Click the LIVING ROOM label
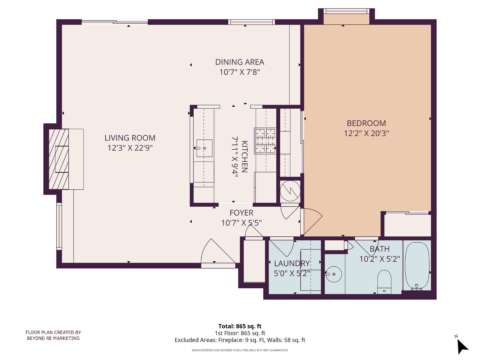click(x=130, y=138)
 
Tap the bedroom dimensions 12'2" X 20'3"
click(x=366, y=133)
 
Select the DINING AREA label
click(x=239, y=62)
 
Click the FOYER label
click(x=241, y=213)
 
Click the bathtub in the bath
click(x=417, y=265)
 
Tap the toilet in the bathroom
click(x=384, y=281)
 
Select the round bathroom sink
click(x=333, y=274)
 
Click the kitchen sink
click(x=204, y=148)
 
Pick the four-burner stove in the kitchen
click(x=265, y=141)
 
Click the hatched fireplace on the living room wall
click(x=59, y=159)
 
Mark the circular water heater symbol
click(x=290, y=191)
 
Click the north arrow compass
click(x=462, y=346)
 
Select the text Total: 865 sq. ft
click(x=240, y=326)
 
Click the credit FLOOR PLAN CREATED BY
click(x=53, y=332)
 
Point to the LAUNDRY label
click(x=292, y=263)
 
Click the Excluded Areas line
click(x=240, y=340)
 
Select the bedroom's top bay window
click(x=346, y=16)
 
